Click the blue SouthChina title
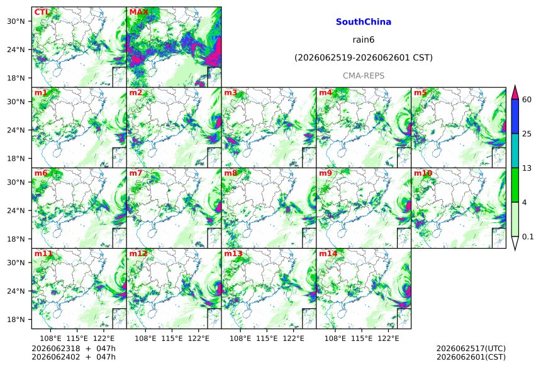tap(364, 22)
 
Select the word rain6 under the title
tap(364, 40)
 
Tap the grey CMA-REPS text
tap(364, 75)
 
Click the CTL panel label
tap(42, 13)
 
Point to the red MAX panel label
tap(138, 13)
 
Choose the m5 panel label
tap(420, 93)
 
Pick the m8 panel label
tap(230, 173)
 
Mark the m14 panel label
tap(328, 254)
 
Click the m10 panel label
tap(423, 173)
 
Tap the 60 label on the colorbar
tap(527, 100)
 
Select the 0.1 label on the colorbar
tap(528, 237)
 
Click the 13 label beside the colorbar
tap(527, 168)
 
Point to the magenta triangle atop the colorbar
tap(515, 92)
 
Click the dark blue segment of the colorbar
tap(515, 116)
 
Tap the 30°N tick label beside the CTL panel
tap(16, 21)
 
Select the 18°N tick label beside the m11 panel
tap(16, 320)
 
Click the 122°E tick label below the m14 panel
tap(388, 338)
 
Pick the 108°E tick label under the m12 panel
tap(145, 338)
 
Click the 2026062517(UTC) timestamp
tap(471, 349)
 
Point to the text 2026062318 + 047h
tap(74, 349)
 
